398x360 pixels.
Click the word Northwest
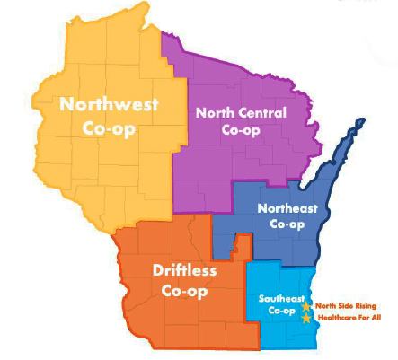[109, 104]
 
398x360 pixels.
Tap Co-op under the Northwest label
[109, 127]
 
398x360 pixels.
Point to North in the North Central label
[216, 113]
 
